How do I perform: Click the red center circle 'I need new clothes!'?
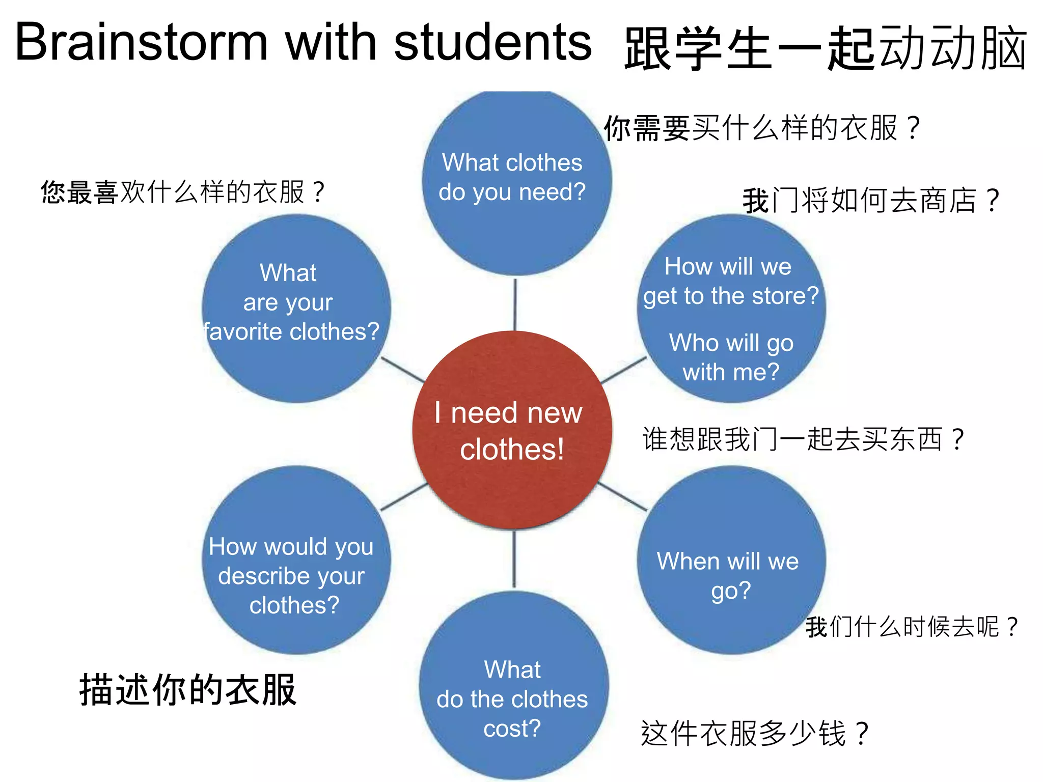[x=512, y=430]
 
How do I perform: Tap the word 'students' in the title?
[x=492, y=43]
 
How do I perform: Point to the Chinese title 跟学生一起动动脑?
[x=825, y=48]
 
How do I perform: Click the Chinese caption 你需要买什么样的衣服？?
[x=761, y=128]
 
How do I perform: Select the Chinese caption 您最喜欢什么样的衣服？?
[x=182, y=192]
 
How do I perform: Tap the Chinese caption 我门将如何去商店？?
[x=871, y=201]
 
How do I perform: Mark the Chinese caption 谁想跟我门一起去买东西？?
[x=803, y=439]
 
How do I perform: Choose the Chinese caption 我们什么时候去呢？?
[x=912, y=626]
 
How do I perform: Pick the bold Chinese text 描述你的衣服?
[x=188, y=690]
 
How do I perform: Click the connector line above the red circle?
[x=515, y=304]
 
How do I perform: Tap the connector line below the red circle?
[x=514, y=559]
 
